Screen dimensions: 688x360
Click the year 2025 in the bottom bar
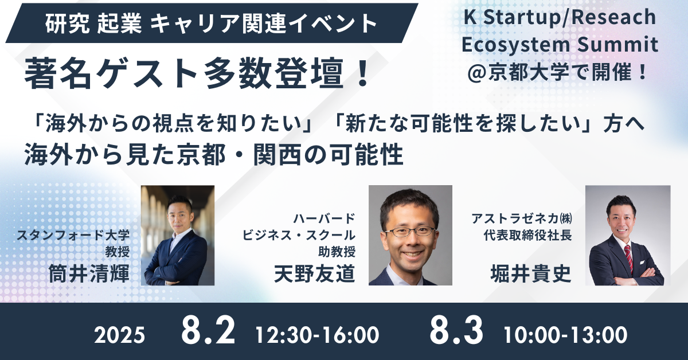(119, 335)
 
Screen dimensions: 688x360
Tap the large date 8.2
(208, 331)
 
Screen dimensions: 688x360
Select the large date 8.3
(456, 331)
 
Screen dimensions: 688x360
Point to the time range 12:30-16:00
(317, 335)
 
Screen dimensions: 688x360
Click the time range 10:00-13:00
(565, 335)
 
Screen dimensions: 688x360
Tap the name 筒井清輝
(89, 273)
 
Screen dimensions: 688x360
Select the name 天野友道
(315, 273)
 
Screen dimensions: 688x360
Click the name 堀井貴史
(531, 273)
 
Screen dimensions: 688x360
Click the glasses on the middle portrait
(410, 232)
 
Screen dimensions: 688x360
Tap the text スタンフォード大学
(73, 235)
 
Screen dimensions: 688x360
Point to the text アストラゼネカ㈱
(522, 218)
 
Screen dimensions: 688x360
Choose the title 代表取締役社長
(527, 236)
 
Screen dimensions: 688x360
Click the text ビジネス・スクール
(299, 235)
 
